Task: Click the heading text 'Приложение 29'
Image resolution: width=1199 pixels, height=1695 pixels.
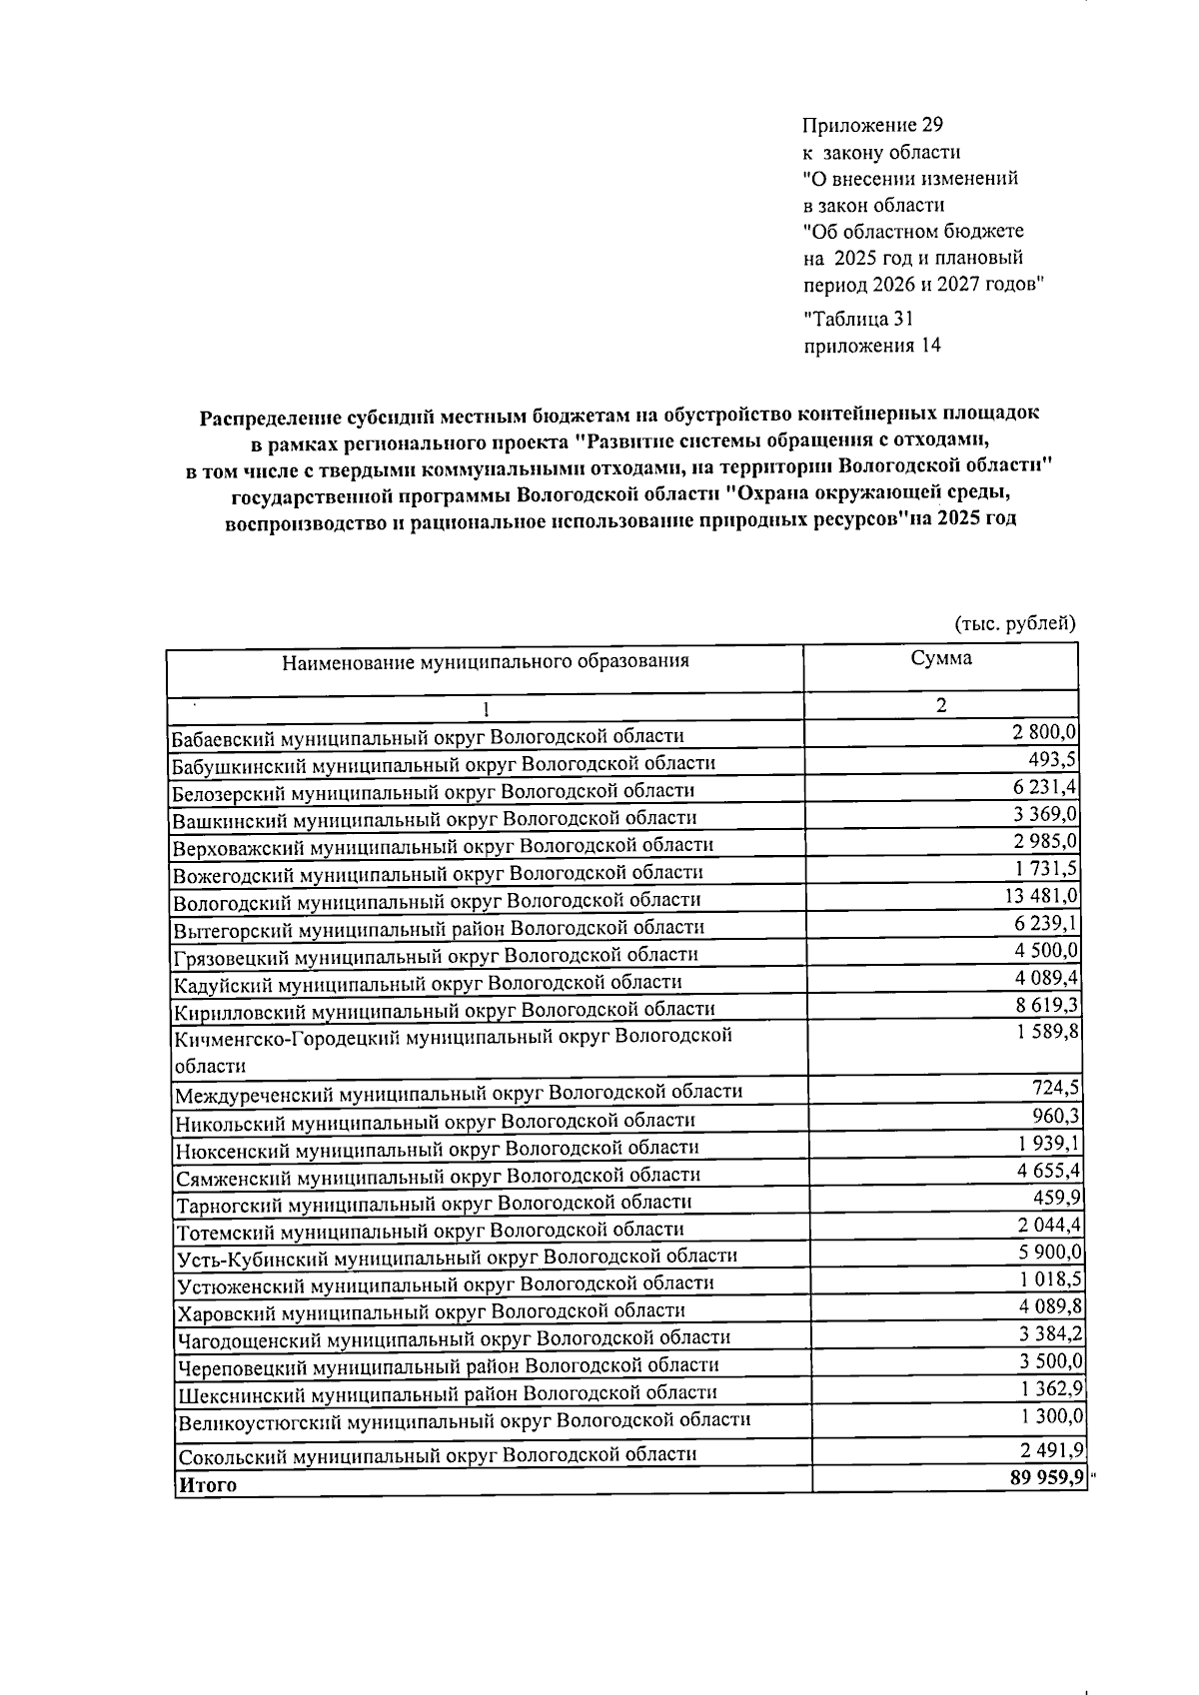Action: (x=872, y=126)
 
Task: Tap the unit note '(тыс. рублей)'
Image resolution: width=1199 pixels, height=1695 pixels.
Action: (x=1014, y=623)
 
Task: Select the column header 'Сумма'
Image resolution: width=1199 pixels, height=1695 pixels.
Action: (x=940, y=658)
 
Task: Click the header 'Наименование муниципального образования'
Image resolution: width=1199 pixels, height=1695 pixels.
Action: (x=485, y=661)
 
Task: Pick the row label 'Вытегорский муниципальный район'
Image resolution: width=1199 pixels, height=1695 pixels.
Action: (x=439, y=928)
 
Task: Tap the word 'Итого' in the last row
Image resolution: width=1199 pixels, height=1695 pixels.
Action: (x=207, y=1485)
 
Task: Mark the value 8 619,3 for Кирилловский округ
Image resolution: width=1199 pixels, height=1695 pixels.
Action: (x=1045, y=1005)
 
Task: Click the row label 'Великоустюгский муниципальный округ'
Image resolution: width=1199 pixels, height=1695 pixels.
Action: (x=463, y=1420)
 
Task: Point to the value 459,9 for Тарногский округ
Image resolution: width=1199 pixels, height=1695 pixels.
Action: (x=1056, y=1197)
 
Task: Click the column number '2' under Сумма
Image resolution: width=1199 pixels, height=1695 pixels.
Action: (x=940, y=705)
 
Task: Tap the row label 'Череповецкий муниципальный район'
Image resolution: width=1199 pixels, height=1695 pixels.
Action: (x=447, y=1365)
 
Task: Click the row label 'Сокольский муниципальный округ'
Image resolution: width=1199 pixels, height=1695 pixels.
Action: (x=436, y=1455)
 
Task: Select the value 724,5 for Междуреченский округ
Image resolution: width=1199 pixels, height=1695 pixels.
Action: (x=1056, y=1087)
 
